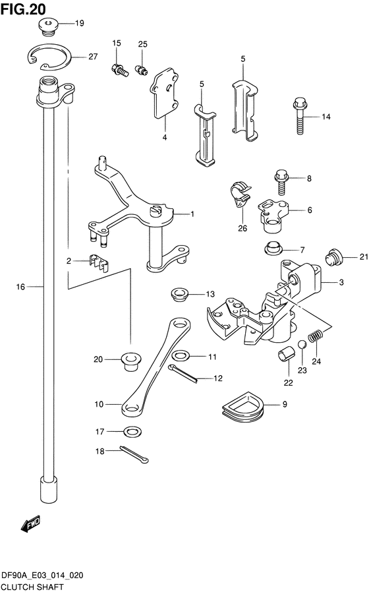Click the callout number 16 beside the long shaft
click(20, 287)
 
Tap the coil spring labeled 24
click(316, 343)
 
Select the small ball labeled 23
click(302, 344)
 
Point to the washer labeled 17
click(133, 432)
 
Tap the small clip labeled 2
click(99, 262)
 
